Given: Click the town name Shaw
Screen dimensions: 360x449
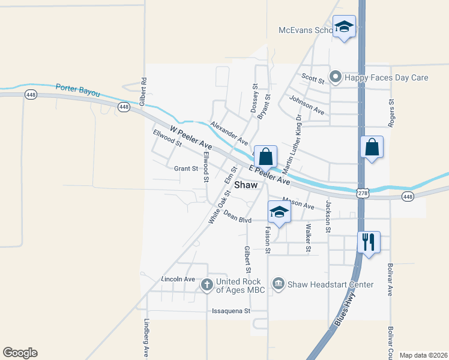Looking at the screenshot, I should pyautogui.click(x=246, y=185).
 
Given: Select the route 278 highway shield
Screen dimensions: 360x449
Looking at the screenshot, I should pyautogui.click(x=362, y=192).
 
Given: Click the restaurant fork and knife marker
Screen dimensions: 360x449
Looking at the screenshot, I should pyautogui.click(x=368, y=242).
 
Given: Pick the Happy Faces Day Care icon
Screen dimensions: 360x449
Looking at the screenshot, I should pyautogui.click(x=336, y=77).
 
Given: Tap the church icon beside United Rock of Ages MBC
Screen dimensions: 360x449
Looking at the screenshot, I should pyautogui.click(x=206, y=284).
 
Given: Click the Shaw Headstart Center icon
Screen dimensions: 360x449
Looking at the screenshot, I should pyautogui.click(x=278, y=284).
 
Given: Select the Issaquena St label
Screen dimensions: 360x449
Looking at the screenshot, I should pyautogui.click(x=231, y=311).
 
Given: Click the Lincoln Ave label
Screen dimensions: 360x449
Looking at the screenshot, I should pyautogui.click(x=178, y=280).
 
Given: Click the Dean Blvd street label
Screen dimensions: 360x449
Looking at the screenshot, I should pyautogui.click(x=237, y=216).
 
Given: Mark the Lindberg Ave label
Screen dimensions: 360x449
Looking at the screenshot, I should pyautogui.click(x=146, y=337).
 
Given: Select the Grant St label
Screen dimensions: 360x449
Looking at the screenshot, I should pyautogui.click(x=186, y=169).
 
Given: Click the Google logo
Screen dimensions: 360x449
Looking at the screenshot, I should pyautogui.click(x=20, y=353).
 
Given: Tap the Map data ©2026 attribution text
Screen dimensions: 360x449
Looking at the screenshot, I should pyautogui.click(x=424, y=355).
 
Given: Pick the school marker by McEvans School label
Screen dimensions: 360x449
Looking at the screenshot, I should pyautogui.click(x=345, y=26).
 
